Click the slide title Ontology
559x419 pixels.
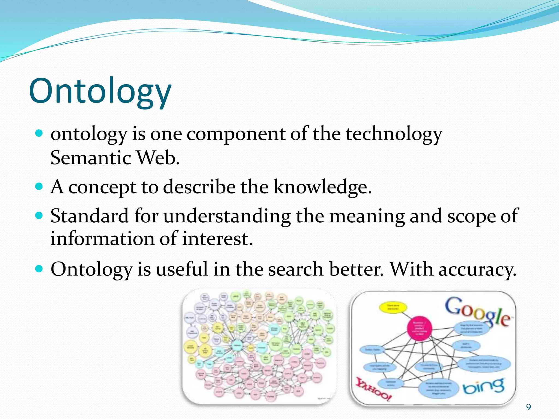click(x=100, y=91)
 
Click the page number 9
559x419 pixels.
click(x=529, y=407)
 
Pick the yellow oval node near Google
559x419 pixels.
click(x=393, y=307)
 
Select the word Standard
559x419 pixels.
click(x=90, y=216)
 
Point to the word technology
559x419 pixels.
click(x=394, y=134)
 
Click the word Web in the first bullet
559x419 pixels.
click(x=158, y=158)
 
